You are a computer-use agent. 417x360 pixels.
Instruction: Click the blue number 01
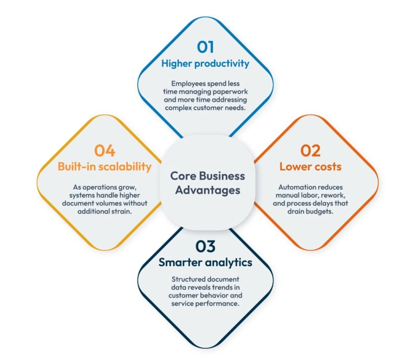205,47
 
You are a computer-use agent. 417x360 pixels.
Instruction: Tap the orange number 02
310,150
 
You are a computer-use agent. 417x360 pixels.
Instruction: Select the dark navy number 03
205,246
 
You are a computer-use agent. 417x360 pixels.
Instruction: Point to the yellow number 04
105,150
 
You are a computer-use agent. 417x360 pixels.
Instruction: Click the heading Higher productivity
205,64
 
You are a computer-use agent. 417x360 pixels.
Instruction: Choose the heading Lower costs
310,166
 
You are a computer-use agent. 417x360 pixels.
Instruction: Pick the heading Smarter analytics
205,263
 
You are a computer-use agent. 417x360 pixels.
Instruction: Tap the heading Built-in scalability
105,166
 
